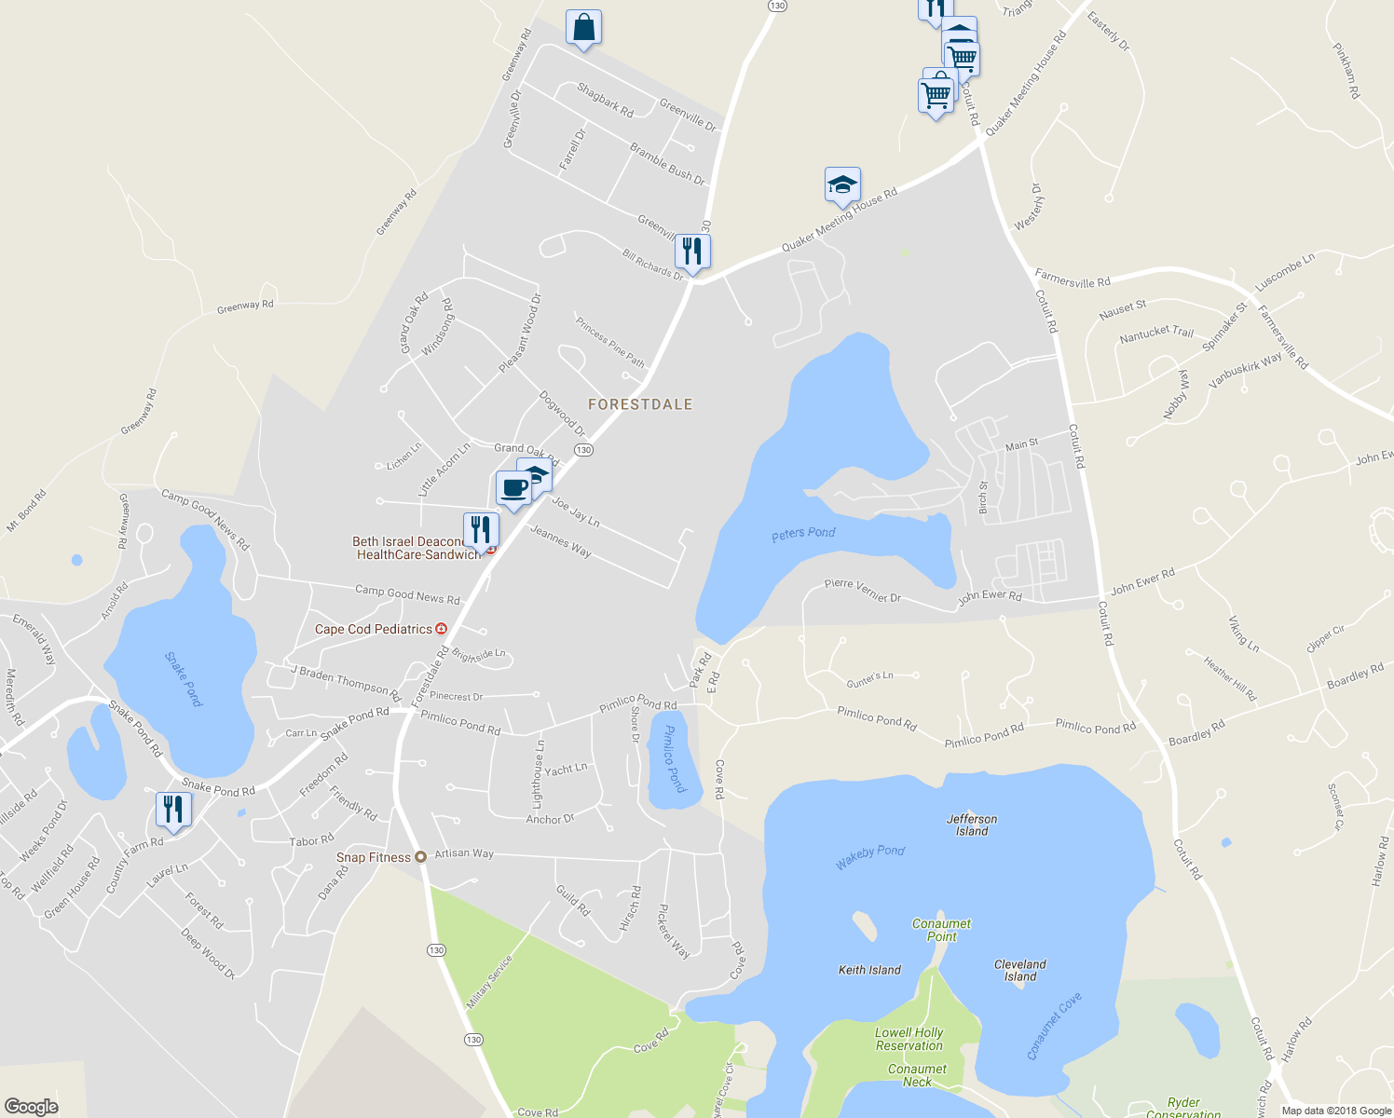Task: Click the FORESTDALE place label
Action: pos(640,404)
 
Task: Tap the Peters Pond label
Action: pos(803,533)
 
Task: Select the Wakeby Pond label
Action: pos(869,857)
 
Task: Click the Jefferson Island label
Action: pos(972,825)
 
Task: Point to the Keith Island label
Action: pos(869,970)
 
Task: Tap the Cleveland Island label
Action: pos(1019,971)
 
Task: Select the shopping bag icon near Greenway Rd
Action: pos(583,28)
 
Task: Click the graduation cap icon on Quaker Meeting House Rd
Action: pos(842,185)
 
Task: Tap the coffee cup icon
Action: pos(513,488)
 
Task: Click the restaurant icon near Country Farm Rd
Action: pos(173,809)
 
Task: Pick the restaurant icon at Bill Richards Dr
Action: pos(692,252)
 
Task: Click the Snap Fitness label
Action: pos(373,857)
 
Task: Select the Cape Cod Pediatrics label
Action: pos(374,629)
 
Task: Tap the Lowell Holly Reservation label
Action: pos(909,1039)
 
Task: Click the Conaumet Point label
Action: pos(941,930)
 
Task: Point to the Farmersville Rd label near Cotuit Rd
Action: pos(1073,278)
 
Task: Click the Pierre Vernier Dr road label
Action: pos(862,590)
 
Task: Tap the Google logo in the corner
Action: pos(31,1107)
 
